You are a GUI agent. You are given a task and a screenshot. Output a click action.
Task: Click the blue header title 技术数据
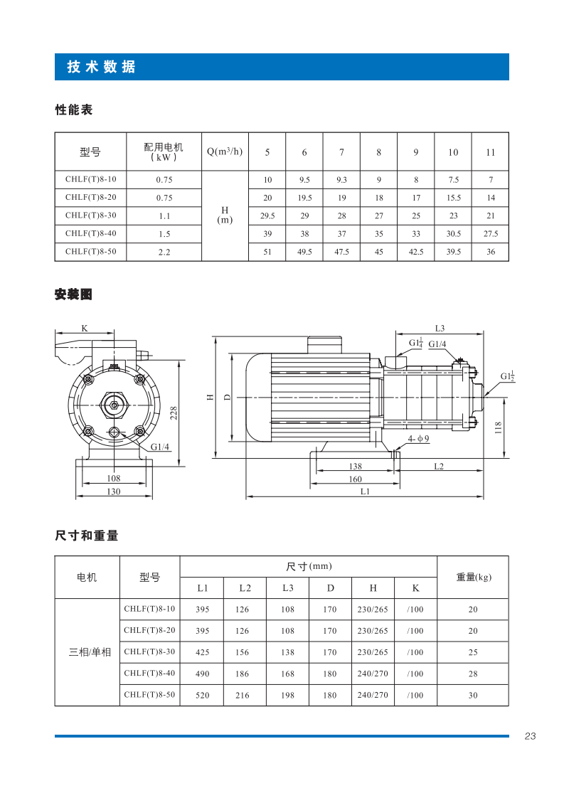[x=101, y=68]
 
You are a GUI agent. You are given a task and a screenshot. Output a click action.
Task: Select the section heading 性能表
[x=74, y=110]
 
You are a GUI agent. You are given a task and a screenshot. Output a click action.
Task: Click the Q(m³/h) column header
[x=225, y=152]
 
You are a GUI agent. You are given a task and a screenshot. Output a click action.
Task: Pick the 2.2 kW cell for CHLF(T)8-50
[x=164, y=252]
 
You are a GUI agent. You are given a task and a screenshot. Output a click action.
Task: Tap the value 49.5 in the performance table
[x=304, y=252]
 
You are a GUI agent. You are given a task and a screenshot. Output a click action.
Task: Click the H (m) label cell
[x=225, y=215]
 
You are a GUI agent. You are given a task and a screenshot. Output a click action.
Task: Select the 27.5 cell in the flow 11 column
[x=490, y=233]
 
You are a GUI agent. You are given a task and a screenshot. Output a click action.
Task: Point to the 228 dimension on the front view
[x=173, y=412]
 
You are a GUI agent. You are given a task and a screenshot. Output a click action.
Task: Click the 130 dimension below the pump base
[x=114, y=491]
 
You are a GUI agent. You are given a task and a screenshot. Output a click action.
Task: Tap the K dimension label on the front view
[x=85, y=329]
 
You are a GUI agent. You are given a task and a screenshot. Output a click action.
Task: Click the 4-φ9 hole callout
[x=418, y=440]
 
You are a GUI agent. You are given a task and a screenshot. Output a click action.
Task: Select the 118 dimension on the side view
[x=498, y=427]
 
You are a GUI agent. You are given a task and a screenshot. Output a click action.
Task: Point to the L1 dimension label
[x=365, y=491]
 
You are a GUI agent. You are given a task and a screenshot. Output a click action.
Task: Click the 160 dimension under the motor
[x=355, y=479]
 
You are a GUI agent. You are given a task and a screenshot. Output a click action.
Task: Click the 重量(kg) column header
[x=473, y=577]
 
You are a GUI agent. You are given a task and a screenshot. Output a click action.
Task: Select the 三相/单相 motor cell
[x=90, y=652]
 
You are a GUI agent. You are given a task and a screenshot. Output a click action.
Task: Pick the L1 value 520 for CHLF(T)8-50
[x=202, y=696]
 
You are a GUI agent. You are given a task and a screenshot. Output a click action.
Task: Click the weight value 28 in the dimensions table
[x=473, y=674]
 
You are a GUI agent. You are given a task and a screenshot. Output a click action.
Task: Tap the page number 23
[x=530, y=736]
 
